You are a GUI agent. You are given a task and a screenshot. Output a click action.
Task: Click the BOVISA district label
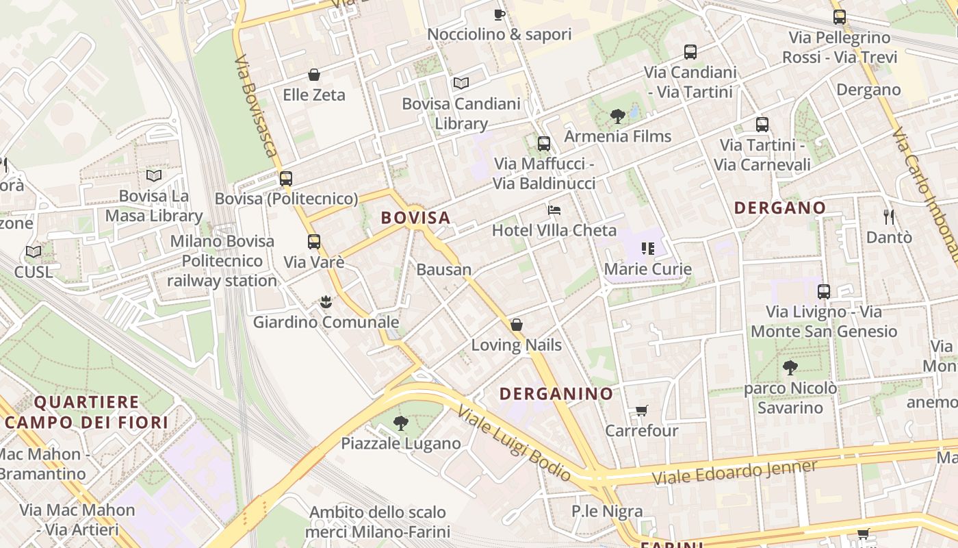415,218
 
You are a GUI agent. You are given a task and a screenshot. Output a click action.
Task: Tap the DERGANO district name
779,208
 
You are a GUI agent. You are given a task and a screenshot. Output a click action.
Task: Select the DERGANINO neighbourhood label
556,394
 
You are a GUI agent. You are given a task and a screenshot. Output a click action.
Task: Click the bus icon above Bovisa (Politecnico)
286,179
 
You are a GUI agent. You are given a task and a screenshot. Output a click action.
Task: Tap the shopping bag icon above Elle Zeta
314,75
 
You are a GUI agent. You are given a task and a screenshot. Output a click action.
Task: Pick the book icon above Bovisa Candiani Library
461,84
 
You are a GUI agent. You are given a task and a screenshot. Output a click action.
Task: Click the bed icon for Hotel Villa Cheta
554,210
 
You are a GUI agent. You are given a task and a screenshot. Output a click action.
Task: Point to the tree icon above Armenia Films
617,116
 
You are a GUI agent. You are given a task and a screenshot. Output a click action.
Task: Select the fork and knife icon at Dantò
889,217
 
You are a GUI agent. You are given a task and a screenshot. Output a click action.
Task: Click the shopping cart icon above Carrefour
641,411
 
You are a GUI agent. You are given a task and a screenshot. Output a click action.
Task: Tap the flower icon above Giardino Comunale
326,301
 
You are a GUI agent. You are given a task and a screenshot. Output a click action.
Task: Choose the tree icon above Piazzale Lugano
401,423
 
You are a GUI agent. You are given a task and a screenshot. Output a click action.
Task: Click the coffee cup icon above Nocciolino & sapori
500,14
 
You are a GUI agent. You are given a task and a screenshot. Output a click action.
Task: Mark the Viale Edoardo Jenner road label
734,473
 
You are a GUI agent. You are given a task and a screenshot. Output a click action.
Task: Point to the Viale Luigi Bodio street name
514,443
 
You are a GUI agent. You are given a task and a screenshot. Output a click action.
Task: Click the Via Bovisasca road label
255,107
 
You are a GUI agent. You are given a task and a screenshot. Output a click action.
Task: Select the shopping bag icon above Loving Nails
517,325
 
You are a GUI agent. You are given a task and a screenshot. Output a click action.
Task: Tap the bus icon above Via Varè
313,242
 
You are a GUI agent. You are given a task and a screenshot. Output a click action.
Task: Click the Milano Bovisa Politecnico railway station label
222,261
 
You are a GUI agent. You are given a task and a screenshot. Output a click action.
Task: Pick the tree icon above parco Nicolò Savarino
790,368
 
